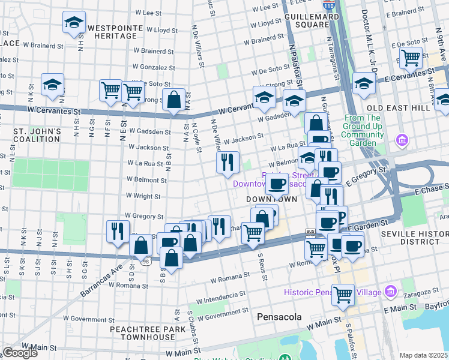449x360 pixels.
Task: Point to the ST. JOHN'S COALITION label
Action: [38, 136]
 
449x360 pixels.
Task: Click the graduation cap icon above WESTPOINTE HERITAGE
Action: [74, 23]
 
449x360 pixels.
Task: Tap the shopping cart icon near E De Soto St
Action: [411, 58]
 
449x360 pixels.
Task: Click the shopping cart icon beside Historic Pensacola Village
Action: [343, 294]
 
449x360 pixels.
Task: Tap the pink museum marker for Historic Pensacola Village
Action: [391, 291]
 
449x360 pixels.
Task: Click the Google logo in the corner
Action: [20, 352]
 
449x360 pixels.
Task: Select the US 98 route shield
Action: [146, 261]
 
